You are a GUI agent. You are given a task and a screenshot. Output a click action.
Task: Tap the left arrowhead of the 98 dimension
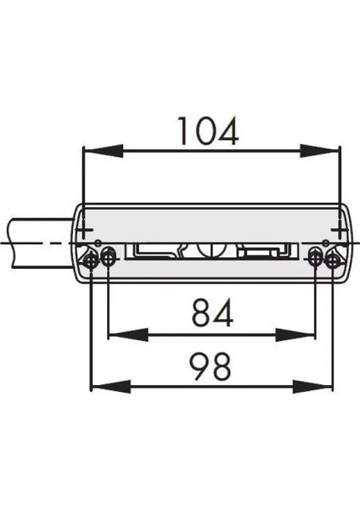pyautogui.click(x=100, y=387)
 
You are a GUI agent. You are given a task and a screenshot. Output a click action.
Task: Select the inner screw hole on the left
pyautogui.click(x=109, y=259)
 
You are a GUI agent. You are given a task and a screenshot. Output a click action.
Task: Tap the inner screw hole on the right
pyautogui.click(x=315, y=259)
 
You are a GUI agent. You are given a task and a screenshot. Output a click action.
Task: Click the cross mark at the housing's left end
pyautogui.click(x=85, y=231)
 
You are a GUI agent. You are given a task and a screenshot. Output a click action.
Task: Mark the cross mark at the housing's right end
pyautogui.click(x=338, y=231)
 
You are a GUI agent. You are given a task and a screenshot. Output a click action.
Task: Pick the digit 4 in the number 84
pyautogui.click(x=224, y=315)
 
